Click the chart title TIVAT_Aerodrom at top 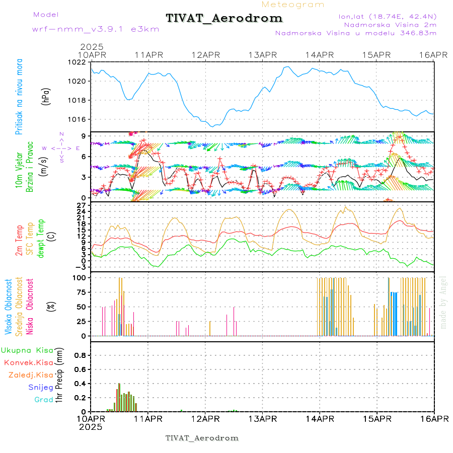point(224,18)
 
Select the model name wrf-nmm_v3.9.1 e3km point(95,29)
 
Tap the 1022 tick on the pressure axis point(79,62)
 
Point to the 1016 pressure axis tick point(79,119)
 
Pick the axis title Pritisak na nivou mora point(19,96)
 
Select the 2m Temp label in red point(19,241)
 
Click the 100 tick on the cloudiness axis point(81,277)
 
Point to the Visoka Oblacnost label point(9,306)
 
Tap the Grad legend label point(44,400)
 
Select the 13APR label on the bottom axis point(262,419)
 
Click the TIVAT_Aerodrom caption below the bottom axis point(202,438)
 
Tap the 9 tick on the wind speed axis point(86,136)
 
